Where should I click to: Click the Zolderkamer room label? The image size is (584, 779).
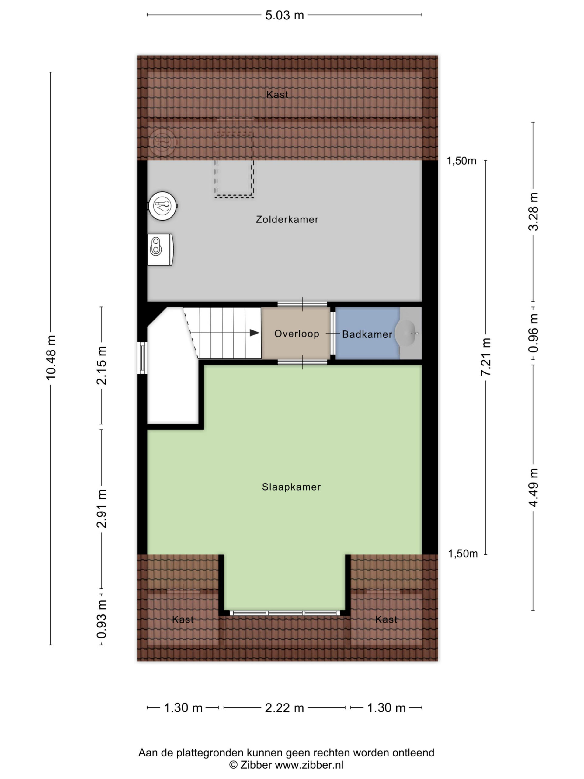pyautogui.click(x=287, y=219)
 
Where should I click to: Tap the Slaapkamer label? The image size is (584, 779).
pyautogui.click(x=291, y=487)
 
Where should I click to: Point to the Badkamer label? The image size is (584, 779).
pyautogui.click(x=367, y=334)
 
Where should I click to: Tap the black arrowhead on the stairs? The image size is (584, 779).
pyautogui.click(x=255, y=333)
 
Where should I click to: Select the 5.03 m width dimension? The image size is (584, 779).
pyautogui.click(x=284, y=16)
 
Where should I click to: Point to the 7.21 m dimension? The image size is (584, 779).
pyautogui.click(x=486, y=357)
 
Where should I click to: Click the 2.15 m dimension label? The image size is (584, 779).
pyautogui.click(x=102, y=365)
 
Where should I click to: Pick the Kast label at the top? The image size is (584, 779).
pyautogui.click(x=277, y=94)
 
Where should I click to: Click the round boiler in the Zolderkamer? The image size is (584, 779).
pyautogui.click(x=163, y=206)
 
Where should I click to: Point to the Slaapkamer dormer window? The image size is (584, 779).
pyautogui.click(x=285, y=613)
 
